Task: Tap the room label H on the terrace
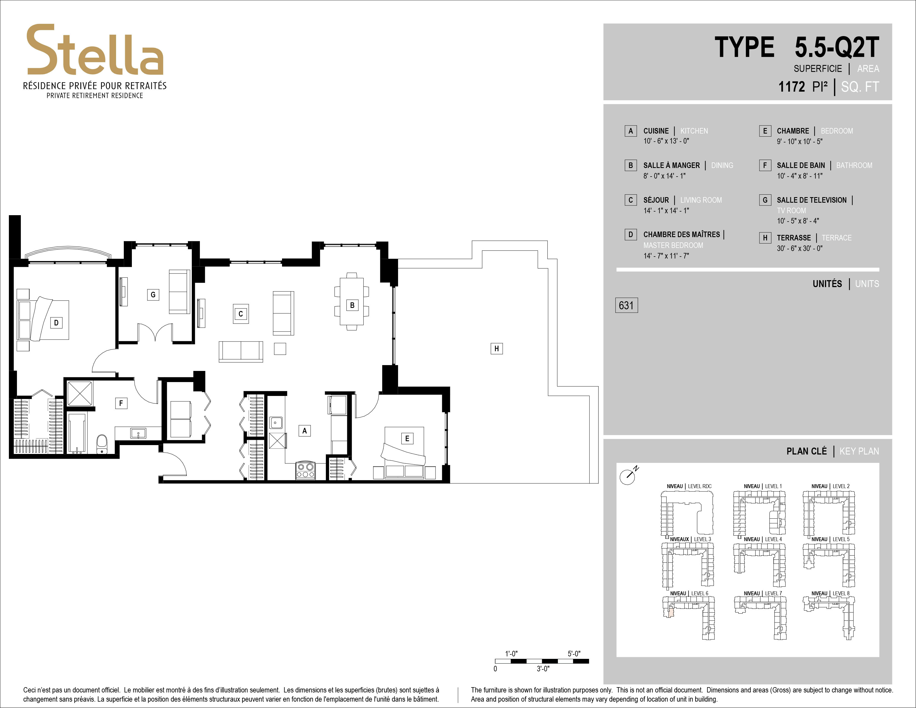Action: click(497, 348)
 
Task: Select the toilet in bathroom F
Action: click(102, 445)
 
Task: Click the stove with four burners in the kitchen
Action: click(305, 470)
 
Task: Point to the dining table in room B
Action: click(352, 301)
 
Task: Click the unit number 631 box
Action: click(626, 305)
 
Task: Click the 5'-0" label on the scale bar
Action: click(574, 654)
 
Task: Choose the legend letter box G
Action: click(765, 200)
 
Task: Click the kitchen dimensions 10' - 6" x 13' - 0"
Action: click(666, 141)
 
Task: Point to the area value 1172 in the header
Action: click(791, 87)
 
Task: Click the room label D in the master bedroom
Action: click(56, 323)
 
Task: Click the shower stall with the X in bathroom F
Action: click(80, 393)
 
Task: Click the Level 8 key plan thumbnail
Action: click(829, 618)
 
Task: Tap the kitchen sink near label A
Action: click(276, 423)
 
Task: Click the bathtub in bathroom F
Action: click(77, 434)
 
